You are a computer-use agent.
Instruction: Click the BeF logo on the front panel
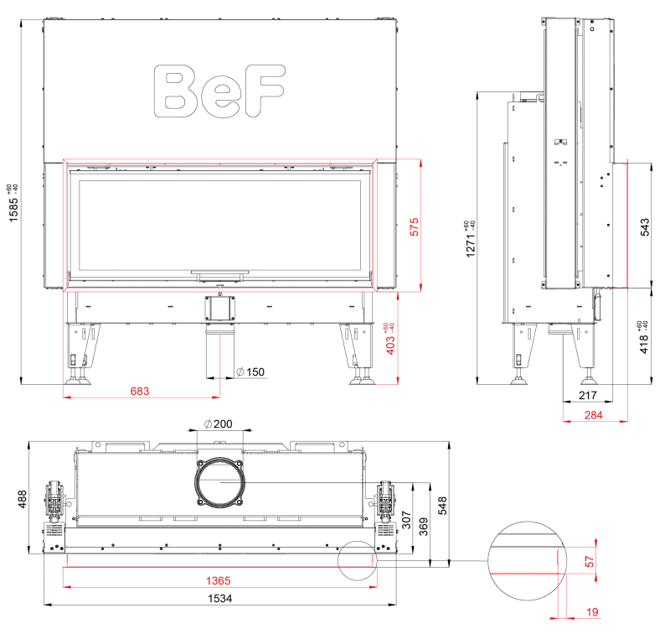[x=219, y=91]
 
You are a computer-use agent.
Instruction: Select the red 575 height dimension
[x=414, y=226]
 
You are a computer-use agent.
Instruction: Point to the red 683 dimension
[x=140, y=391]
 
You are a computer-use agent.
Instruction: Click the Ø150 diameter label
[x=250, y=372]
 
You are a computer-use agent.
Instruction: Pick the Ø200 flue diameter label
[x=219, y=424]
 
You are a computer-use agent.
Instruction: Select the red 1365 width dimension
[x=219, y=580]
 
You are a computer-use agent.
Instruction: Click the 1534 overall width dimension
[x=220, y=599]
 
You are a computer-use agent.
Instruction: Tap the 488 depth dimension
[x=22, y=499]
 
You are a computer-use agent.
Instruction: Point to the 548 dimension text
[x=442, y=505]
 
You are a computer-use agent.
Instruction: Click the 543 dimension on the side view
[x=645, y=226]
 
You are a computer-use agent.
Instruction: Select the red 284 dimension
[x=594, y=415]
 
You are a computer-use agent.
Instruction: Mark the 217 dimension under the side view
[x=588, y=395]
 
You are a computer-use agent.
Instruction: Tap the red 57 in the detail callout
[x=590, y=561]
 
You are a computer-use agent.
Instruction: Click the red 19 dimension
[x=592, y=612]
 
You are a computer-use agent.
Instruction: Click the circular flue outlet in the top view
[x=219, y=482]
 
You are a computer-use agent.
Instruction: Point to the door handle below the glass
[x=219, y=276]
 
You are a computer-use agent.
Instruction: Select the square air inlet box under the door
[x=219, y=308]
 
